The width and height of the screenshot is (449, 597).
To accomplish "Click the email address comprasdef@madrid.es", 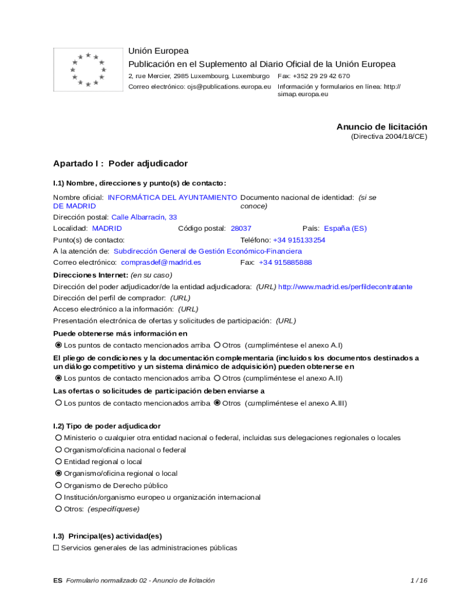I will click(x=161, y=262).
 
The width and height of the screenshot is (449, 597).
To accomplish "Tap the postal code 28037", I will click(x=241, y=229).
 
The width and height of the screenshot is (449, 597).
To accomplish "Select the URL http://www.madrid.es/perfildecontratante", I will click(x=345, y=287).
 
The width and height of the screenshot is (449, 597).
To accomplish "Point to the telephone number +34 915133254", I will click(x=299, y=240).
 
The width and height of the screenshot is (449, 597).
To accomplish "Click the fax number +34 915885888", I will click(x=285, y=262).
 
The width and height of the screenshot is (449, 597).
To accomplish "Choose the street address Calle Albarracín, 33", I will click(x=144, y=217).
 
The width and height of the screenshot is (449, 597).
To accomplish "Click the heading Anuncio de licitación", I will click(x=381, y=127).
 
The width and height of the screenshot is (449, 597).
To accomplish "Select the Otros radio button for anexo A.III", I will click(x=218, y=403).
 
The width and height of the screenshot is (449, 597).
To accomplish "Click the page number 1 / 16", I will click(x=419, y=581).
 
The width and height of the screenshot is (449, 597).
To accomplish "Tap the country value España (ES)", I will click(x=345, y=229).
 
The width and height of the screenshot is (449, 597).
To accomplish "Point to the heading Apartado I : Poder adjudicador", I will click(x=120, y=164).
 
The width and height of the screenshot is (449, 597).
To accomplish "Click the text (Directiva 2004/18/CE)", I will click(x=389, y=137).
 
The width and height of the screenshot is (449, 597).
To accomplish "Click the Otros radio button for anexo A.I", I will click(x=218, y=345).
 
